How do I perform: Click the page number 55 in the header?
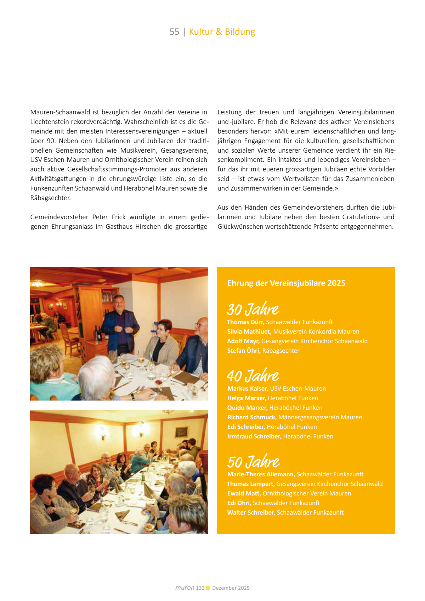pyautogui.click(x=174, y=32)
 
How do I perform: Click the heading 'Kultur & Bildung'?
pyautogui.click(x=222, y=32)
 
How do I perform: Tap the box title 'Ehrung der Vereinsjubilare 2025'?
pyautogui.click(x=286, y=283)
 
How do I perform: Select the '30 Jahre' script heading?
pyautogui.click(x=253, y=309)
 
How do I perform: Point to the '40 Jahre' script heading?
pyautogui.click(x=253, y=376)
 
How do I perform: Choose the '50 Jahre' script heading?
pyautogui.click(x=253, y=462)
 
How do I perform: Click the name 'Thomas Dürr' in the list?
pyautogui.click(x=245, y=322)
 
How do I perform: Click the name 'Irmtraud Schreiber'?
pyautogui.click(x=254, y=436)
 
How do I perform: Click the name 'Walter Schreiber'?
pyautogui.click(x=251, y=512)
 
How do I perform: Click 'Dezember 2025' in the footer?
pyautogui.click(x=231, y=588)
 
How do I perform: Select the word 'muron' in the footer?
pyautogui.click(x=185, y=588)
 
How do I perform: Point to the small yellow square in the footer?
pyautogui.click(x=208, y=588)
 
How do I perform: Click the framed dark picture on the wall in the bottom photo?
pyautogui.click(x=181, y=432)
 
